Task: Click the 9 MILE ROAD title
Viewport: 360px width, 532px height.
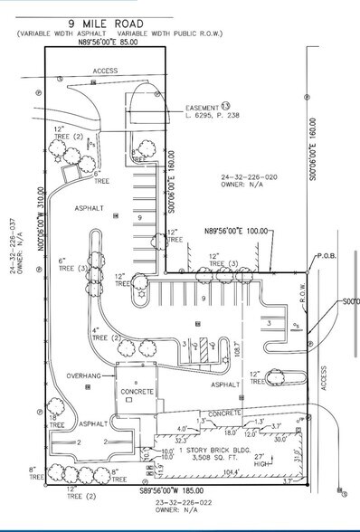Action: click(106, 20)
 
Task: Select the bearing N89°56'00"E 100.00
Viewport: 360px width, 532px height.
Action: click(237, 230)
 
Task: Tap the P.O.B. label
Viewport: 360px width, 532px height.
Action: click(327, 255)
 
